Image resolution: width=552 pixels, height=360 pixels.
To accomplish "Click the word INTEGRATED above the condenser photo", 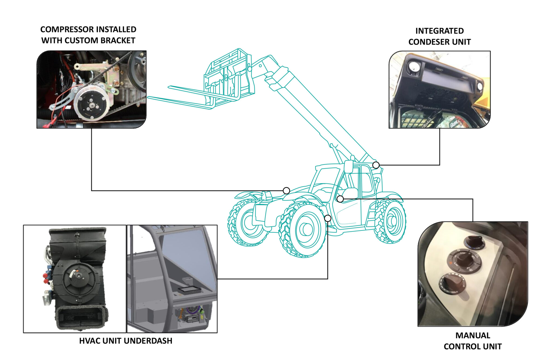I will (439, 31).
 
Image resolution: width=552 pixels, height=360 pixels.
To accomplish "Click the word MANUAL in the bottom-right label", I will (472, 335).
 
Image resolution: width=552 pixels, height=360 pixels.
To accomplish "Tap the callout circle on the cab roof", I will (376, 165).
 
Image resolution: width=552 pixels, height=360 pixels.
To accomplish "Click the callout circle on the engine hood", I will (286, 191).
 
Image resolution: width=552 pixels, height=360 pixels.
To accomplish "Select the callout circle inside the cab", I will (340, 199).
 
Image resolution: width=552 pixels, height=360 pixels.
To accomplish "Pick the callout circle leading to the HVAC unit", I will (327, 218).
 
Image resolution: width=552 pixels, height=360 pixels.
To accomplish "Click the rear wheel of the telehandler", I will (391, 221).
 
